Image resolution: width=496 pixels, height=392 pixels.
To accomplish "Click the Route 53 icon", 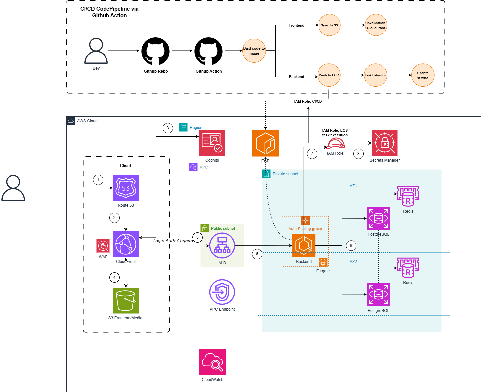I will click(126, 188).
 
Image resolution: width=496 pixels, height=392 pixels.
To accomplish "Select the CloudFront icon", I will click(126, 244).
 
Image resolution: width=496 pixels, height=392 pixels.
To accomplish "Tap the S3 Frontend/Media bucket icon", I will click(126, 300).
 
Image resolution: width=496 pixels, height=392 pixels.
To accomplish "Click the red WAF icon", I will click(103, 246).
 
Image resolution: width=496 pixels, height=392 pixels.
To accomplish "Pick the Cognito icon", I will click(212, 143).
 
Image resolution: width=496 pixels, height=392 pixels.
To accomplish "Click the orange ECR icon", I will click(265, 143).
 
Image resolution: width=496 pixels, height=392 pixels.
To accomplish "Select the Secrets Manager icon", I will click(385, 143).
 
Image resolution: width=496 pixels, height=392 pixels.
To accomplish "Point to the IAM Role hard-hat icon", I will click(336, 143).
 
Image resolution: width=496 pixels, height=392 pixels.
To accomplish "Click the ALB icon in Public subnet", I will click(222, 246).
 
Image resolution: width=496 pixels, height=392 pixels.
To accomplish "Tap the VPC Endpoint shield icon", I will click(222, 292).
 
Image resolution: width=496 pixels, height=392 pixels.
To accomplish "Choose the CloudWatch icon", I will click(212, 362).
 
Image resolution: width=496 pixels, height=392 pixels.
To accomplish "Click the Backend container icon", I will click(304, 246).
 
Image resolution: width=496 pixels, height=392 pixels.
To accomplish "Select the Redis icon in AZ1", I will click(408, 196).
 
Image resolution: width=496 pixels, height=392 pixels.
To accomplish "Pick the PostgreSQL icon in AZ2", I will click(378, 294).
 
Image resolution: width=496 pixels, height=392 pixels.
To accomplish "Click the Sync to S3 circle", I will click(329, 25).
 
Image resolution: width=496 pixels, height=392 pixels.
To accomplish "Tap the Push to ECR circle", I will click(329, 75).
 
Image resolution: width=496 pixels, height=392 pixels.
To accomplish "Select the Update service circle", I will click(423, 75).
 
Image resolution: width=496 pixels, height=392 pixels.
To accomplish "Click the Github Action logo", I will click(208, 51).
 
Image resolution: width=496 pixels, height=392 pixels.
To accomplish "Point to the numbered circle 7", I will click(312, 154).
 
